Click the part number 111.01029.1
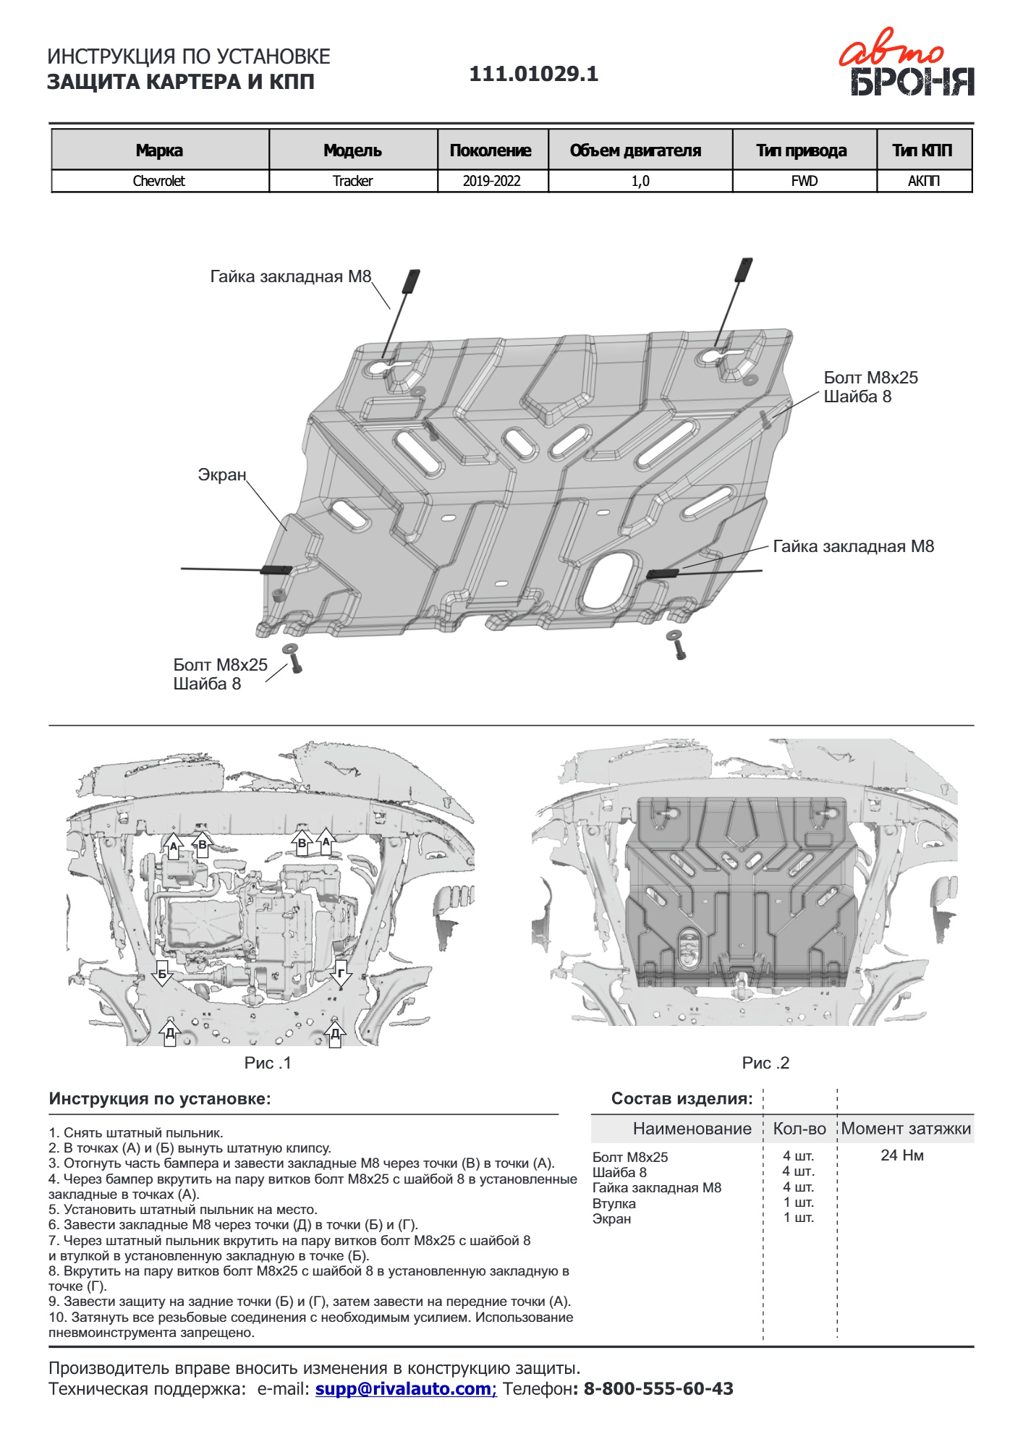(x=534, y=74)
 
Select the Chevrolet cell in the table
(x=159, y=181)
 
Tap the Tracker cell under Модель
(x=352, y=181)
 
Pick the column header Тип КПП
(x=922, y=150)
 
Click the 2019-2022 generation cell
(x=492, y=181)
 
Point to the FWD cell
(x=804, y=181)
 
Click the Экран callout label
(x=222, y=475)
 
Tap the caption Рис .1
(x=267, y=1063)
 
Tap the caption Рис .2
(x=765, y=1063)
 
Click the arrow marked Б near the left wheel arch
(x=163, y=974)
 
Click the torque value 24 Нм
(x=902, y=1155)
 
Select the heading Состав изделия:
(x=682, y=1098)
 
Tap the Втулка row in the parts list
(x=614, y=1203)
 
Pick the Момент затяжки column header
(x=906, y=1129)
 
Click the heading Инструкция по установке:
(x=160, y=1098)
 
